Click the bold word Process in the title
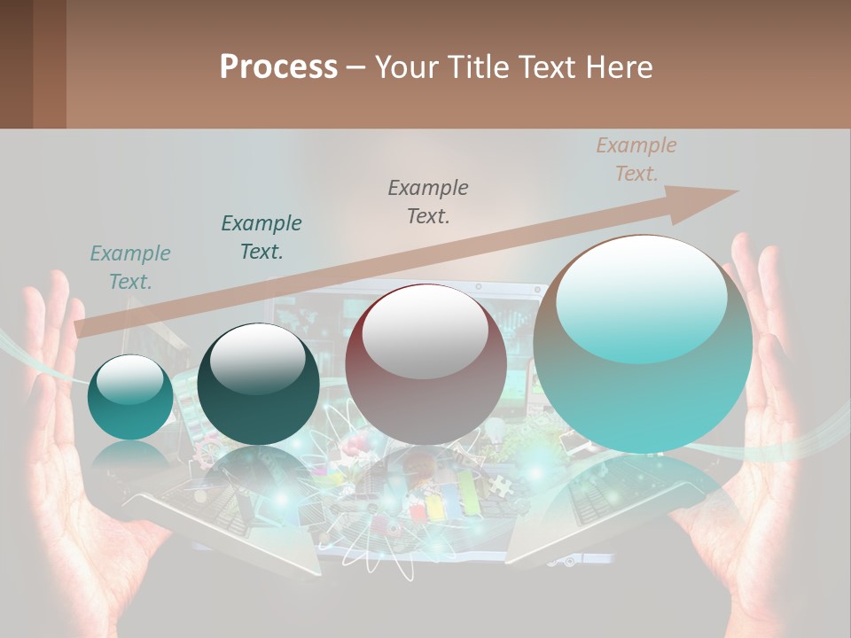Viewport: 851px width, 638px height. [x=278, y=67]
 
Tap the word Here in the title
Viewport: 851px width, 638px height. [x=621, y=67]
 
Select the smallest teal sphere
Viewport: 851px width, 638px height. [x=130, y=398]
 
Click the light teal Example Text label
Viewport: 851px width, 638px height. [x=130, y=268]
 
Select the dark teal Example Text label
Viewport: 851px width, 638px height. [x=262, y=237]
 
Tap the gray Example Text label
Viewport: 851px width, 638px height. [x=428, y=201]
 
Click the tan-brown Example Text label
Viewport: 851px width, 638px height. [x=636, y=159]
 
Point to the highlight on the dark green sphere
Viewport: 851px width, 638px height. [x=257, y=357]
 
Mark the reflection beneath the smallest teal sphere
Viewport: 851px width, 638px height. [x=130, y=456]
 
